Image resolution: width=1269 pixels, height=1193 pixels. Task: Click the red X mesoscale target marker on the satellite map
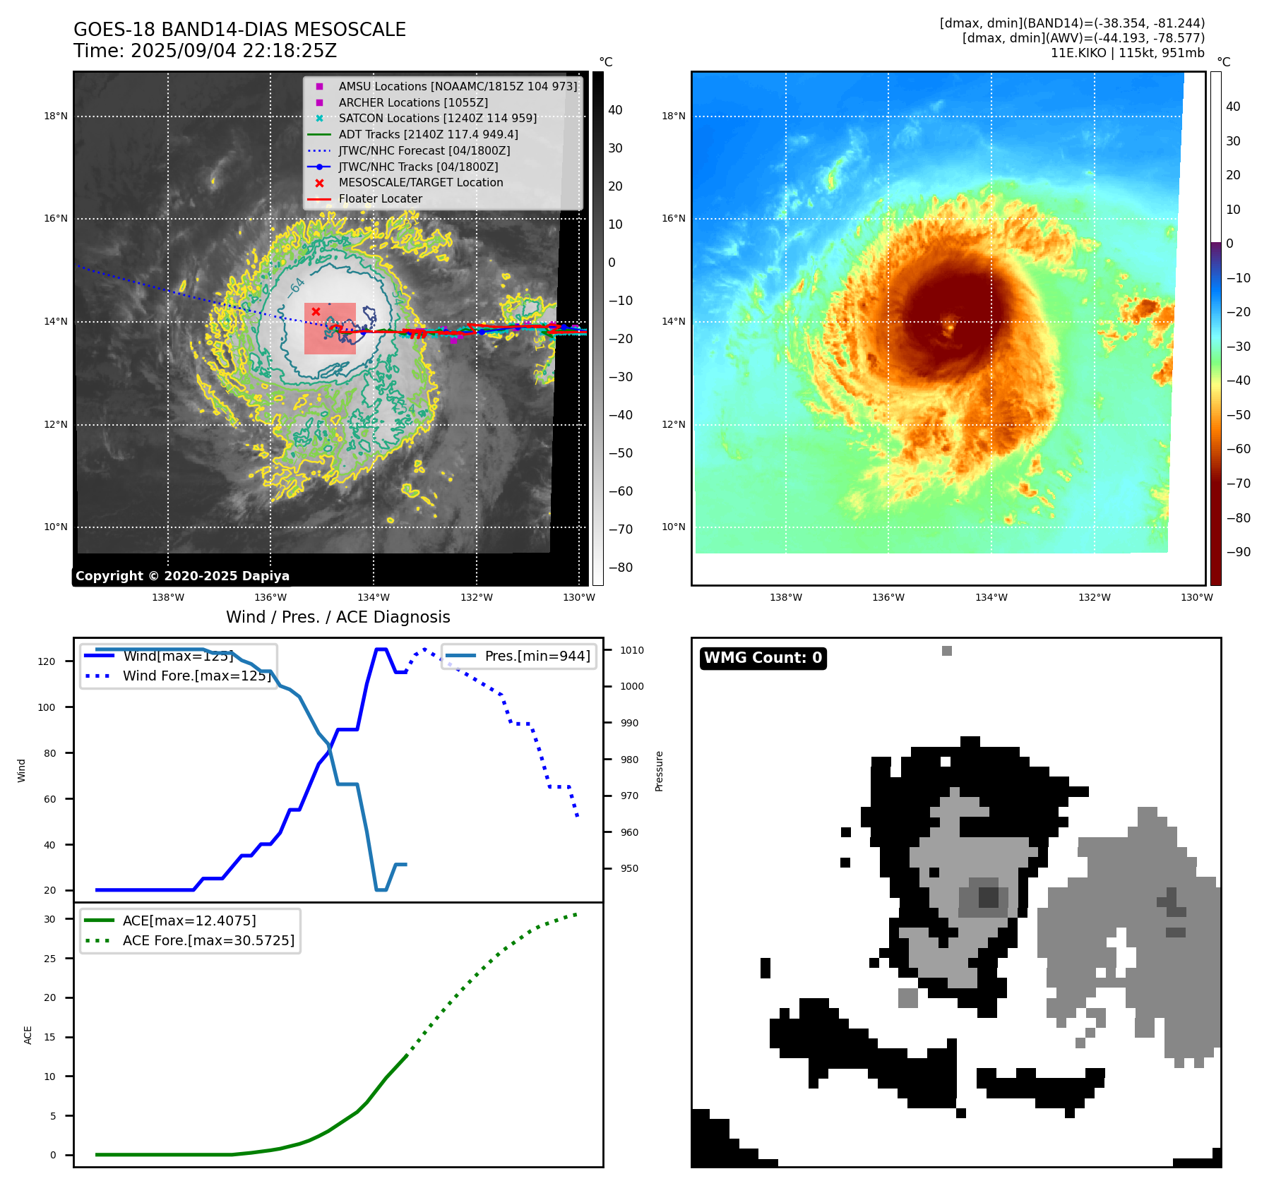pos(316,311)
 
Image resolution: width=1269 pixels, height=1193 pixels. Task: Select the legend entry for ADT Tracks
pos(428,134)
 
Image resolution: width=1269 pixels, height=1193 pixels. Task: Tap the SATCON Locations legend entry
pos(437,118)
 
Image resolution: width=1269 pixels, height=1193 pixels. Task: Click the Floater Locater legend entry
pos(380,198)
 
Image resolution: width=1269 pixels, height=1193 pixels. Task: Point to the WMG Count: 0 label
pos(763,658)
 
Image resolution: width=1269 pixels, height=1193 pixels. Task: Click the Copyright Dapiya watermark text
pos(182,576)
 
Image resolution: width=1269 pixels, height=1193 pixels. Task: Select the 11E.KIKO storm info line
pos(1127,53)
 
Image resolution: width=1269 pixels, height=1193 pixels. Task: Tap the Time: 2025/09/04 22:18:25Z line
pos(205,51)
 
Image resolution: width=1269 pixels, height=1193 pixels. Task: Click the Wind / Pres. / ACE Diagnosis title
pos(338,617)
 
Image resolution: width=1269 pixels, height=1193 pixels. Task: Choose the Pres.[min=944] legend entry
pos(537,656)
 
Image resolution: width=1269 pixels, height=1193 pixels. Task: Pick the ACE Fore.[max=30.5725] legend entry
pos(208,940)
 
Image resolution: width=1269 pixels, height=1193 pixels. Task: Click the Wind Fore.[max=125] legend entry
pos(196,676)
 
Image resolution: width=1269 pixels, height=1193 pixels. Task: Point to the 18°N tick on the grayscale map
pos(56,116)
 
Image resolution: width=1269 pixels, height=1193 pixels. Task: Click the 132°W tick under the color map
pos(1094,597)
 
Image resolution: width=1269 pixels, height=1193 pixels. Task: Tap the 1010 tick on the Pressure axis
pos(632,650)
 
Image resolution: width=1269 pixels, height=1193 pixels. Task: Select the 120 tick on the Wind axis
pos(47,661)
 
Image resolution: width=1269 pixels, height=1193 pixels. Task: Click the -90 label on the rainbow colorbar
pos(1238,552)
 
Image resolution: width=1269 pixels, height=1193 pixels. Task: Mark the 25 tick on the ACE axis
pos(49,959)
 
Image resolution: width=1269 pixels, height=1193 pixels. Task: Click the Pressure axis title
pos(659,771)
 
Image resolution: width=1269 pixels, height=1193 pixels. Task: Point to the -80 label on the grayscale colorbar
pos(621,568)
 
